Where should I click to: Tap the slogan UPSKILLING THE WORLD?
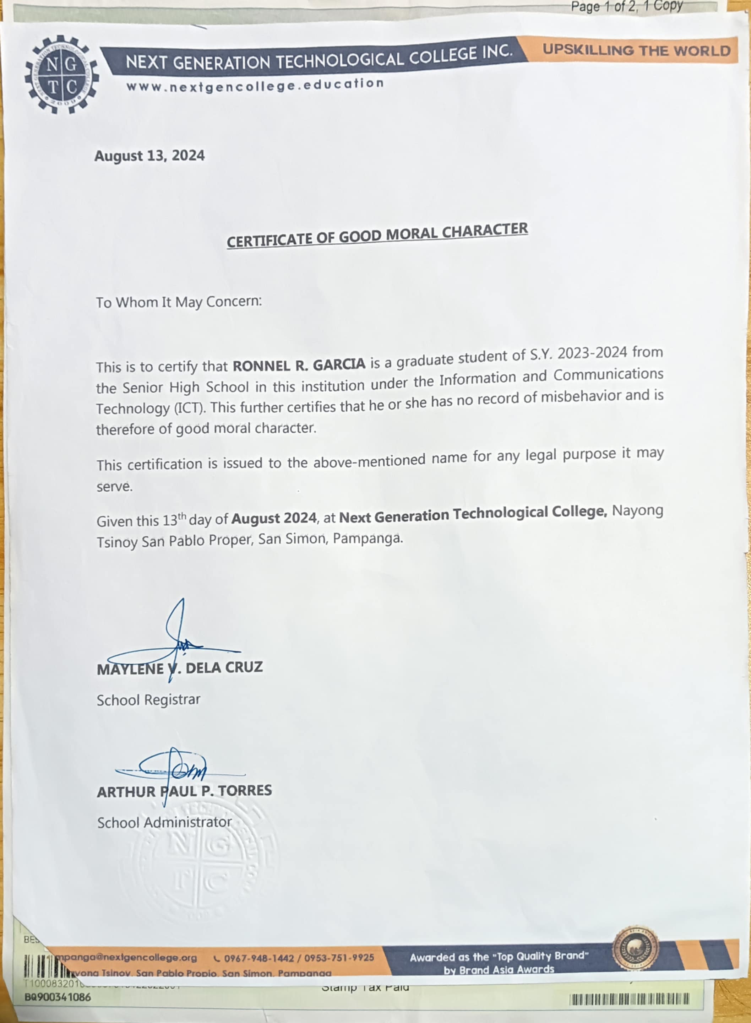(x=636, y=50)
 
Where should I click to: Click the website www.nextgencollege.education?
(x=255, y=85)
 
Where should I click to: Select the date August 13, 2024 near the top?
(x=149, y=156)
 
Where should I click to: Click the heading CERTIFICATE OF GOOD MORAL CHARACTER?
(x=377, y=235)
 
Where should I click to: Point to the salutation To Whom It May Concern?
(x=179, y=302)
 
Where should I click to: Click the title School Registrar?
(x=148, y=700)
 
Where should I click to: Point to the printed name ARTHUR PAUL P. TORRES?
(x=184, y=791)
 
